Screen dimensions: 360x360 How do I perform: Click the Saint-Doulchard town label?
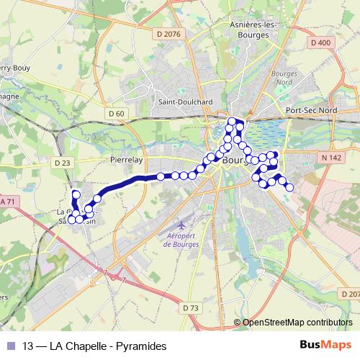(185, 102)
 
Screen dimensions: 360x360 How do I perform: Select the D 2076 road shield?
(167, 33)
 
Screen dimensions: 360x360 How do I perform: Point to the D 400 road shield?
(321, 43)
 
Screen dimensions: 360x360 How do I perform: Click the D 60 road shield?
(116, 113)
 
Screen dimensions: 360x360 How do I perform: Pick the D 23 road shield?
(63, 163)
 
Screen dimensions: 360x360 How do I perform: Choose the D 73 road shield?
(191, 307)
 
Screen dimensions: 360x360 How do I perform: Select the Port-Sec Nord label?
(311, 109)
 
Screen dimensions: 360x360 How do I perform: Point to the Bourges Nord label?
(284, 78)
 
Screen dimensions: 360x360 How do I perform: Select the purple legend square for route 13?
(9, 346)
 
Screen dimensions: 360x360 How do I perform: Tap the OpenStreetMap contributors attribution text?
(297, 323)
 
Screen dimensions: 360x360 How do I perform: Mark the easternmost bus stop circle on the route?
(289, 187)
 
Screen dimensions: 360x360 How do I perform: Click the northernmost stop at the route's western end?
(76, 194)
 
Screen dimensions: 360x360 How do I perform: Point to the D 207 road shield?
(350, 294)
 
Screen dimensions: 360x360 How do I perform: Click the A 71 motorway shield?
(7, 202)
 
